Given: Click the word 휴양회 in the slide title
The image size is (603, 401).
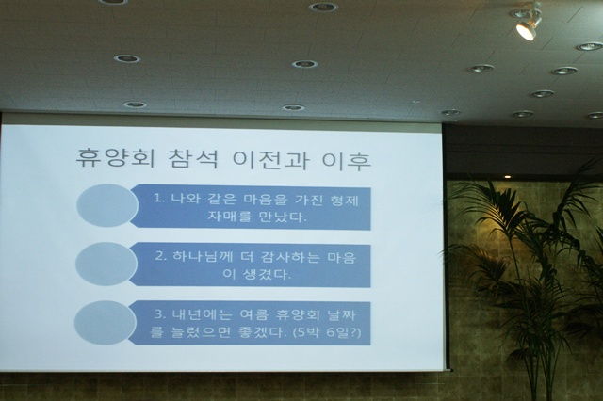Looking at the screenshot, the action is pos(114,158).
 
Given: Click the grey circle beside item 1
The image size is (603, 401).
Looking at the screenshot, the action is pos(107,205).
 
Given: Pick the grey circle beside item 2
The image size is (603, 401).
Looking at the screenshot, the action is pos(106,264).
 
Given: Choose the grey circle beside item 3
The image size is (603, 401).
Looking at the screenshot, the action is pos(105,323).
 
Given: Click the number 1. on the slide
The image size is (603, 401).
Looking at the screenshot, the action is pos(158,199).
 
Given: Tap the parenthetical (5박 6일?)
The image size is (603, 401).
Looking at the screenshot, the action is pos(327,332).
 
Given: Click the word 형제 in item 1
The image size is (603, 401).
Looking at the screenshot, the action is pos(344,200).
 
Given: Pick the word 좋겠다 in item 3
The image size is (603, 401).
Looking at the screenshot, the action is pos(264,332).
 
